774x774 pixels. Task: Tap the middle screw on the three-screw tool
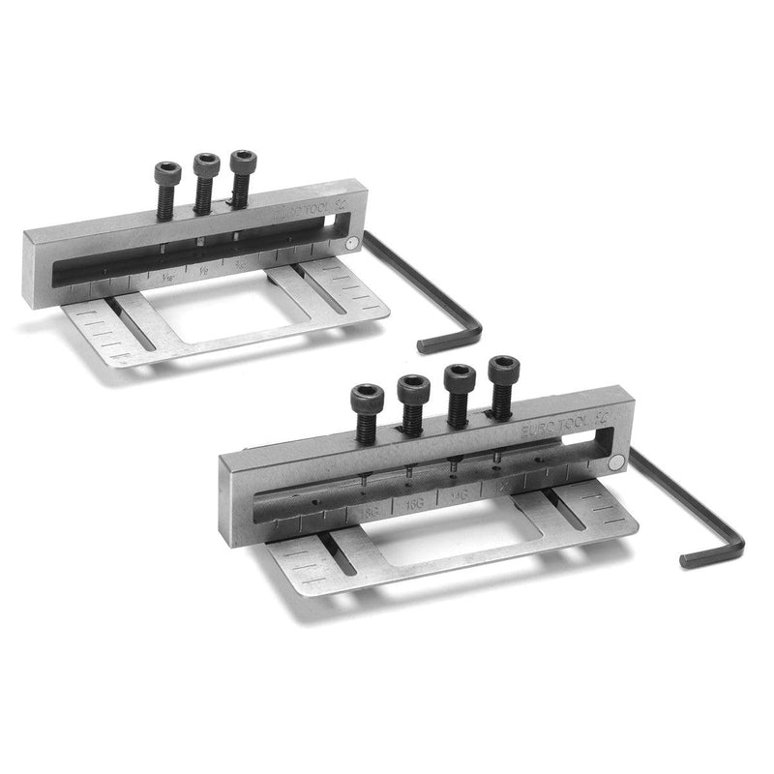pyautogui.click(x=205, y=178)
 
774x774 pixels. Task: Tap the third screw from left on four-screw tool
pyautogui.click(x=460, y=386)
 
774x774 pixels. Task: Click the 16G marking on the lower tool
pyautogui.click(x=414, y=502)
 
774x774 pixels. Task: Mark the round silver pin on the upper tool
pyautogui.click(x=357, y=246)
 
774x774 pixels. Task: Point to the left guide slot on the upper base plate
pyautogui.click(x=131, y=324)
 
